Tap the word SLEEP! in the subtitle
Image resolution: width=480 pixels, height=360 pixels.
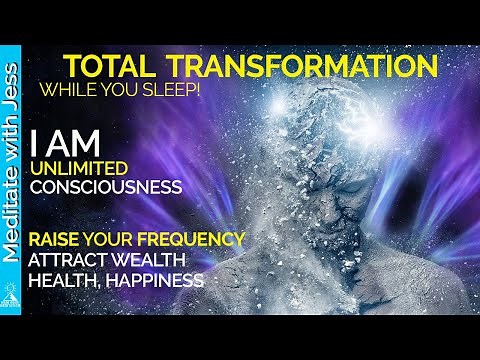pyautogui.click(x=179, y=90)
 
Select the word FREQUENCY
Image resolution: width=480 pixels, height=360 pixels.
pyautogui.click(x=194, y=240)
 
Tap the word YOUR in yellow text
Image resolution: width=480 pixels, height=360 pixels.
pyautogui.click(x=127, y=240)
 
